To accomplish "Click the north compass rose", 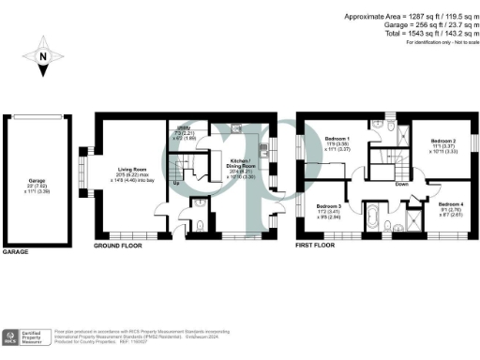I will [x=41, y=58].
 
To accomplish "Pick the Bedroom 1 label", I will [x=337, y=142].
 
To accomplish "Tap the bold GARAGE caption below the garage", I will [x=16, y=252].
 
